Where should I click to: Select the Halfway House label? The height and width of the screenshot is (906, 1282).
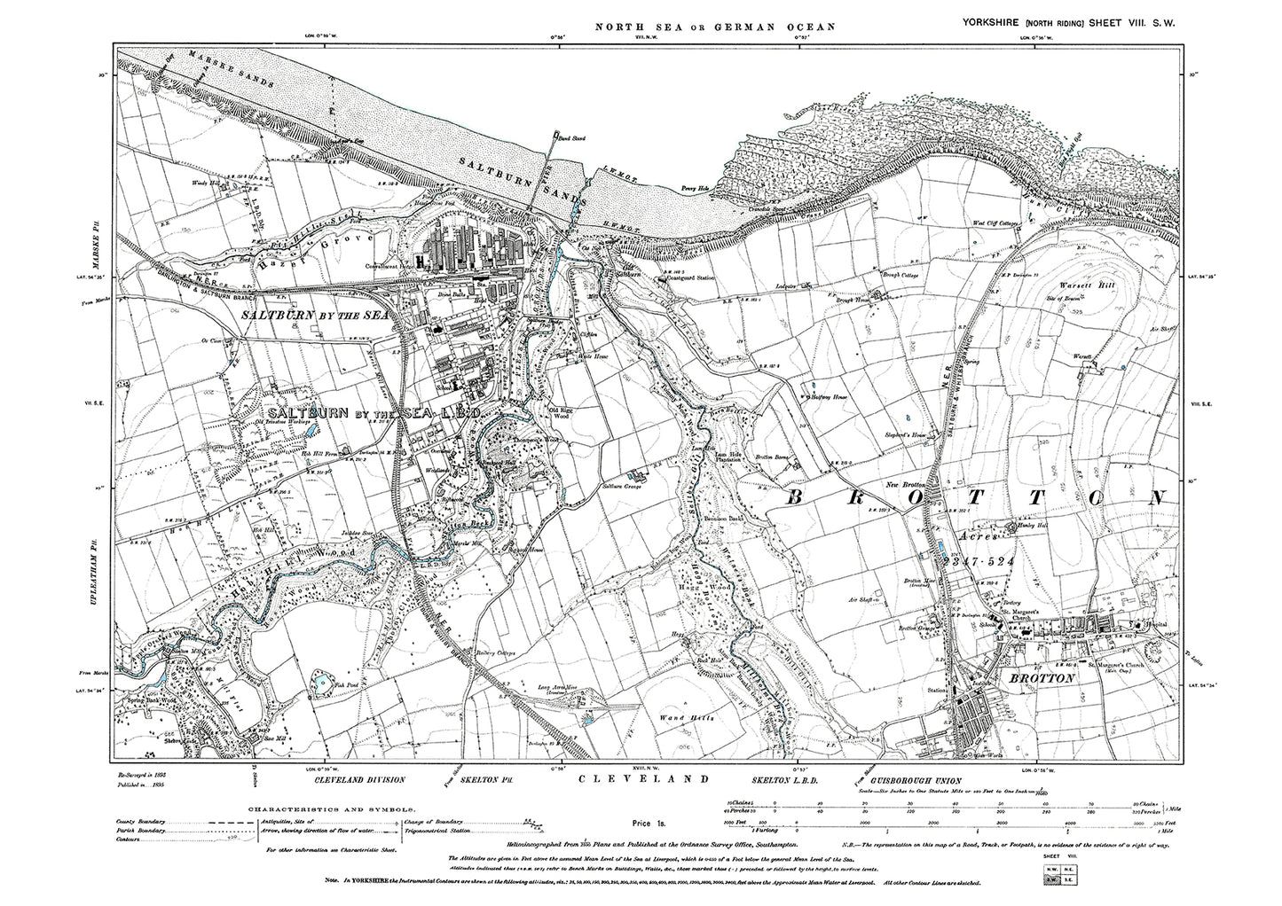[x=828, y=398]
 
